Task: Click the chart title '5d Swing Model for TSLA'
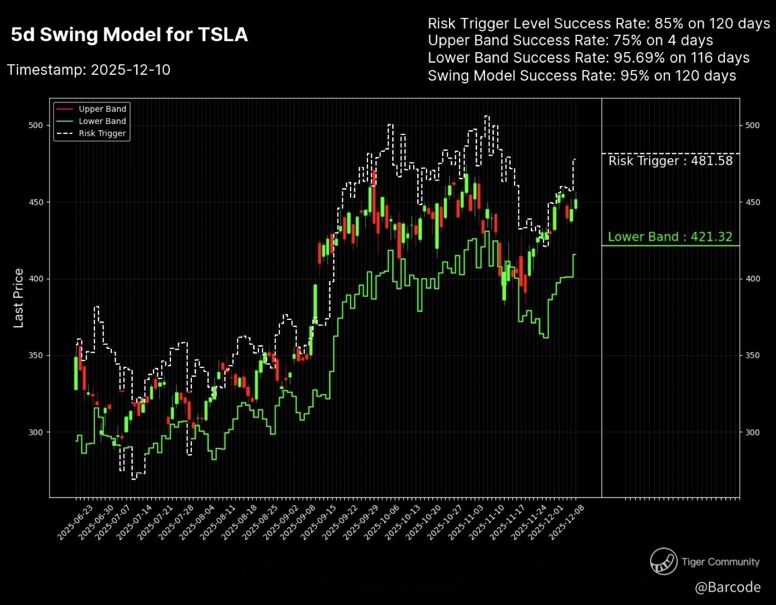129,35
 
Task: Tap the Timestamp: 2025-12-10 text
89,70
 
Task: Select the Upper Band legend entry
102,109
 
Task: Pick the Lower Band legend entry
102,121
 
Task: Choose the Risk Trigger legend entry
102,133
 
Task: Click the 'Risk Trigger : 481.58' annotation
670,161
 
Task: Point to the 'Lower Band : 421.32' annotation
670,237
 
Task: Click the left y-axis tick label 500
36,125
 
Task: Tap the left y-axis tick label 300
36,432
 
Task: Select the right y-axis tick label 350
752,356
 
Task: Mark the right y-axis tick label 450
752,202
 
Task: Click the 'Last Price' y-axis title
18,298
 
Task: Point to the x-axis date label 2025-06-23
75,522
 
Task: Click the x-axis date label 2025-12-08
567,522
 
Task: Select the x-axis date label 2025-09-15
319,522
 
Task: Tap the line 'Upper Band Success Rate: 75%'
570,41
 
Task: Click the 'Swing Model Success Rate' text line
581,76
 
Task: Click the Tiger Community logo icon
663,561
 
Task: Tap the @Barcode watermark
727,587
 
